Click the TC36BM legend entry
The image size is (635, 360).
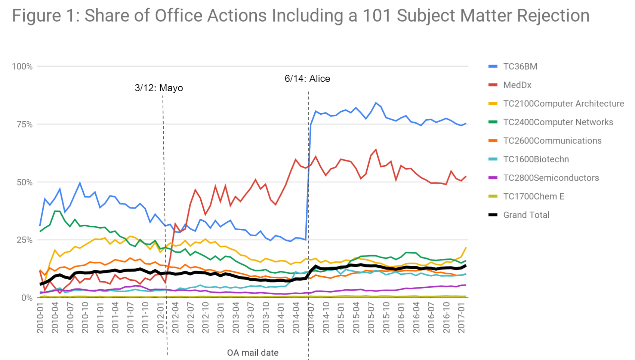[520, 67]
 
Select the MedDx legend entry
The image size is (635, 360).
[517, 85]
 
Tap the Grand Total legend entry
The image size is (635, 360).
[526, 215]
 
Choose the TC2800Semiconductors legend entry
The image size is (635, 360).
[551, 178]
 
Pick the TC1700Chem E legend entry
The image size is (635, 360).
[533, 197]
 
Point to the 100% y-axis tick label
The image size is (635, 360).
[22, 67]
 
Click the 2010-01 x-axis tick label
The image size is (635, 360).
[40, 318]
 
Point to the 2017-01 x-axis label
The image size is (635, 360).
[462, 318]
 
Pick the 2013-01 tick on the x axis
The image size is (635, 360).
[221, 318]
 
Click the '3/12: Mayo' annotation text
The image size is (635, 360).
[159, 88]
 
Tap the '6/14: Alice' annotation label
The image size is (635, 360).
[307, 79]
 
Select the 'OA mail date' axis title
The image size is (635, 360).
[253, 353]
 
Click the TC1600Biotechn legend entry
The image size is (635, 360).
[536, 159]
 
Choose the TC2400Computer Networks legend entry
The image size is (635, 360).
[558, 122]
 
